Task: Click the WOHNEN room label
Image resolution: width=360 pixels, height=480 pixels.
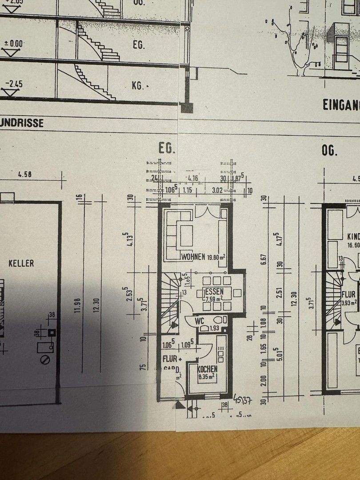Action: [193, 257]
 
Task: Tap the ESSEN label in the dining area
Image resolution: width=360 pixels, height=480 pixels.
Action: [214, 292]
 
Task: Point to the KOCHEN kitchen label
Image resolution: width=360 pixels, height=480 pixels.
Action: [208, 369]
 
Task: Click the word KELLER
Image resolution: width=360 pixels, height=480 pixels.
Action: [21, 263]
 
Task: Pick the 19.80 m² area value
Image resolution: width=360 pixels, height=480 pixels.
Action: [216, 257]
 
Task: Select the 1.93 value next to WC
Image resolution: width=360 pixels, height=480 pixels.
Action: [215, 328]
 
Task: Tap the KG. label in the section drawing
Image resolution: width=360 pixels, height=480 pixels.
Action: [138, 85]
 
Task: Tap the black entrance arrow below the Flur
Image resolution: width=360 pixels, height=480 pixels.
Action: [179, 404]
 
